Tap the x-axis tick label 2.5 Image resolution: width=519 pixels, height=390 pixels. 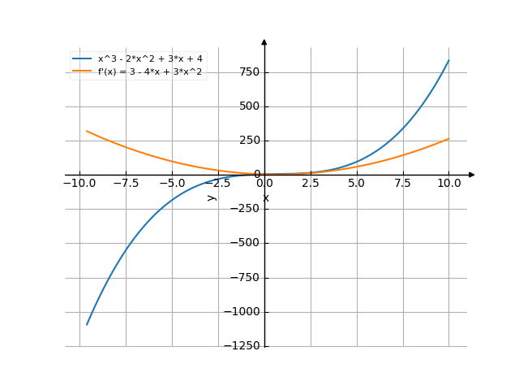[311, 184]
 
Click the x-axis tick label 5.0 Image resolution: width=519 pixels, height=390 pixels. [357, 184]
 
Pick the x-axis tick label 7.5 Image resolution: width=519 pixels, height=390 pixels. [403, 184]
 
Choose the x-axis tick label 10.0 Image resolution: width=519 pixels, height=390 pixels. [448, 184]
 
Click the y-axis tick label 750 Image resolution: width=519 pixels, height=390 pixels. [248, 72]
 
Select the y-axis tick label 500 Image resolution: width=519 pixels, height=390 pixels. [248, 106]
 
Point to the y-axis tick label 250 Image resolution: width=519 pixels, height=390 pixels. [248, 141]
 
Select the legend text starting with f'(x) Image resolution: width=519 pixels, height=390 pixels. [150, 72]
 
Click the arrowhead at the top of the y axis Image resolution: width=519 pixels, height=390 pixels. [264, 41]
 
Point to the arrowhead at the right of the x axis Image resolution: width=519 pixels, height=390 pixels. [472, 175]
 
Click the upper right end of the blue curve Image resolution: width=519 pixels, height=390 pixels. [448, 60]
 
